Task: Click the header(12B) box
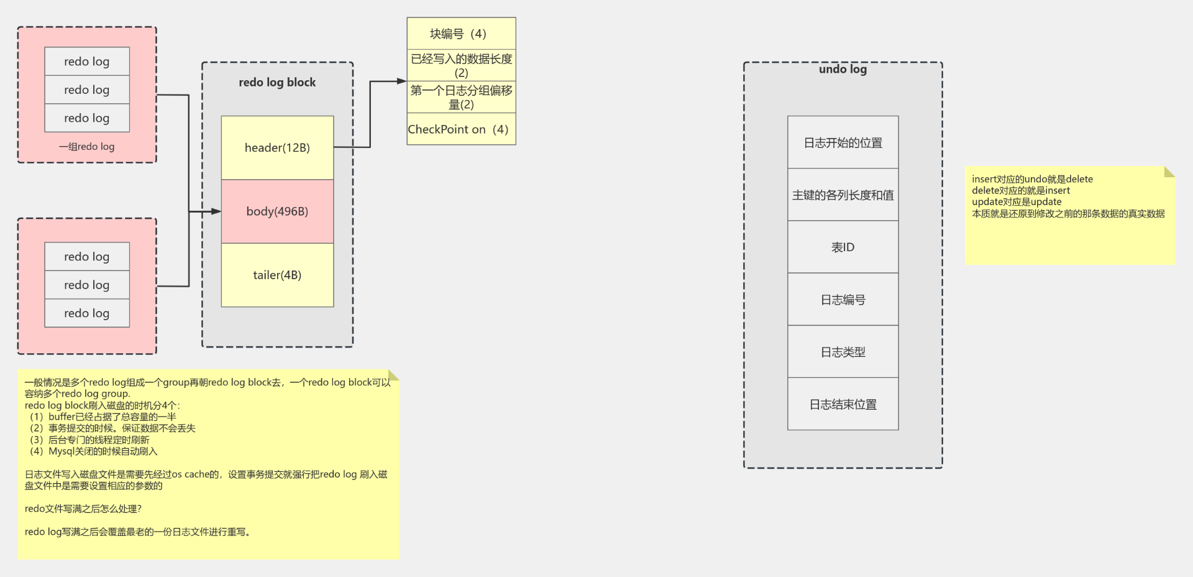click(x=277, y=148)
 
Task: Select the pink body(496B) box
click(x=277, y=211)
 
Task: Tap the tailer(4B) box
click(x=277, y=275)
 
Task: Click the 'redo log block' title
click(x=277, y=82)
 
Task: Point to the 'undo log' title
click(x=843, y=69)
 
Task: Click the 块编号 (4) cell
click(x=461, y=34)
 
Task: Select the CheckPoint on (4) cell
click(x=461, y=129)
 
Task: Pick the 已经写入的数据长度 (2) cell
click(x=461, y=65)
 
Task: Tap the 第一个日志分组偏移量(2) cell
click(x=461, y=97)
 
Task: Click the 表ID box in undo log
click(x=843, y=247)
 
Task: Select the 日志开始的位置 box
click(x=843, y=142)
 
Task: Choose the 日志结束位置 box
click(x=843, y=404)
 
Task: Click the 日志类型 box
click(x=843, y=352)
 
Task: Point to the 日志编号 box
click(x=843, y=300)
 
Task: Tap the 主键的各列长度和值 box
click(x=843, y=195)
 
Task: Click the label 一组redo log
click(x=86, y=147)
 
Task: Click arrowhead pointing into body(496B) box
click(x=216, y=211)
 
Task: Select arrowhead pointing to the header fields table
click(x=401, y=81)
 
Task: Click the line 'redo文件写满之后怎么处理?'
click(x=83, y=509)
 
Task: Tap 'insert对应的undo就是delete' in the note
click(x=1032, y=179)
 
